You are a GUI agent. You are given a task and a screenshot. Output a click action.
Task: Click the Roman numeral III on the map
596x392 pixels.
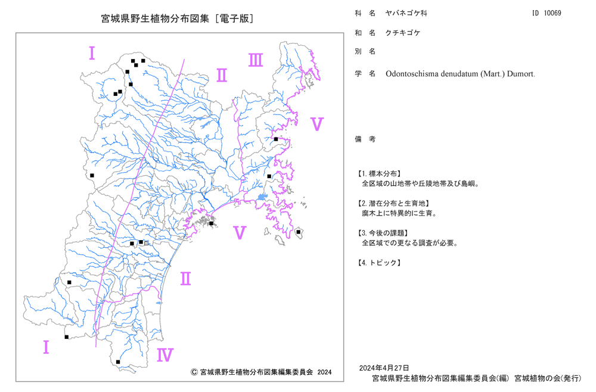click(x=256, y=60)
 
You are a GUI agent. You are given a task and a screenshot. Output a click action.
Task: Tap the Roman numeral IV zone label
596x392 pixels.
click(x=165, y=355)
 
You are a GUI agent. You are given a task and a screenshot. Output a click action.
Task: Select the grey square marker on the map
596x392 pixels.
click(x=147, y=243)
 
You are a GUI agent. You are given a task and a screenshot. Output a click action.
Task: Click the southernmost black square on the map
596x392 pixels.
click(x=118, y=362)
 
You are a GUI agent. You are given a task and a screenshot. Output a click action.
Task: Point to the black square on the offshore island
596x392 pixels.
click(x=299, y=232)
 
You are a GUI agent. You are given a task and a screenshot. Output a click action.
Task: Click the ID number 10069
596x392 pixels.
click(x=552, y=13)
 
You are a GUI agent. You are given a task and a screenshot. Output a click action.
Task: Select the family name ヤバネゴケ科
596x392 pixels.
click(x=406, y=13)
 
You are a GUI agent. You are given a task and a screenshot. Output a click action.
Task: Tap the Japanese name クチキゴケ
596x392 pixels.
click(x=403, y=33)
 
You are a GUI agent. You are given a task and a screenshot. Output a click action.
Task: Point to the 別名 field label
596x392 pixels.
click(x=365, y=52)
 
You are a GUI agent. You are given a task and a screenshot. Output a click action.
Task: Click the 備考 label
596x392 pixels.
click(x=365, y=139)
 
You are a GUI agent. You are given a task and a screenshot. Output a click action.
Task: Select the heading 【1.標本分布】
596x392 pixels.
click(x=378, y=174)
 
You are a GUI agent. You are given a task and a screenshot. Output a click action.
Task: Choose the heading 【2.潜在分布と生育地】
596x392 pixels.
click(x=393, y=204)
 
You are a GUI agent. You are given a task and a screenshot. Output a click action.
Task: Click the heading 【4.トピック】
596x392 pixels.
click(x=378, y=263)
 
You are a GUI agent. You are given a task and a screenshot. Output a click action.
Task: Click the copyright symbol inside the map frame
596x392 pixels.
click(x=194, y=372)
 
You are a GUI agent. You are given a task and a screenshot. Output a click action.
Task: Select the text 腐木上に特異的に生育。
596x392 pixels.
click(x=399, y=213)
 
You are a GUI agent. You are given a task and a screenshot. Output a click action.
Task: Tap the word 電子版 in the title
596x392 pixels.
click(x=234, y=18)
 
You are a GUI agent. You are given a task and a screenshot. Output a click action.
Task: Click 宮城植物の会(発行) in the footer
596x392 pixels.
click(x=548, y=378)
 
